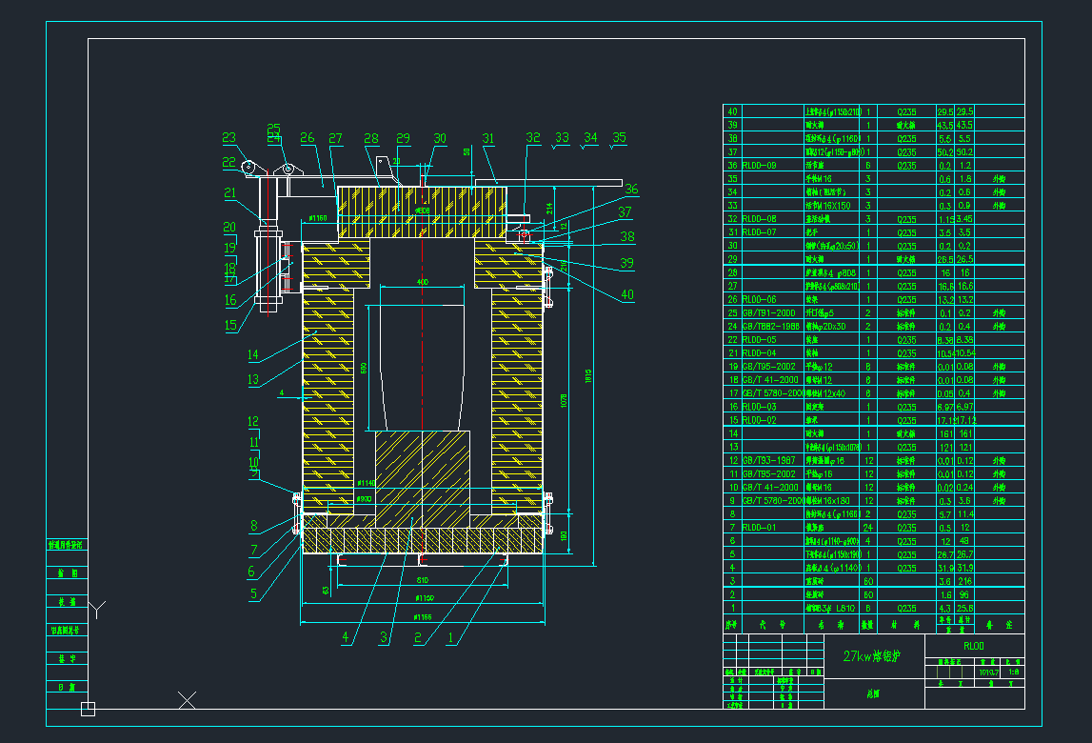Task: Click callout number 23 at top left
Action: coord(228,138)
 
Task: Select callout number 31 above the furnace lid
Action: coord(488,139)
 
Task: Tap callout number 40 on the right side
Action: coord(626,295)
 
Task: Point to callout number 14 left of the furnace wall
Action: coord(253,355)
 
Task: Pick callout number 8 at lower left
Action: coord(254,525)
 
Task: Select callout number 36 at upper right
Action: coord(631,190)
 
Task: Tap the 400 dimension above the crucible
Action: coord(423,282)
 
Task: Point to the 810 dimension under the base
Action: coord(422,579)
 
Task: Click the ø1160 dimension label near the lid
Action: coord(316,219)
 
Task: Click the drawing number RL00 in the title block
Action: coord(974,645)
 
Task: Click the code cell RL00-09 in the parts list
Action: coord(759,165)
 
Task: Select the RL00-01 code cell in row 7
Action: coord(759,527)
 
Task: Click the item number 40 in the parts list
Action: coord(732,111)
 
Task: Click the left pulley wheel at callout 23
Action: coord(249,169)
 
